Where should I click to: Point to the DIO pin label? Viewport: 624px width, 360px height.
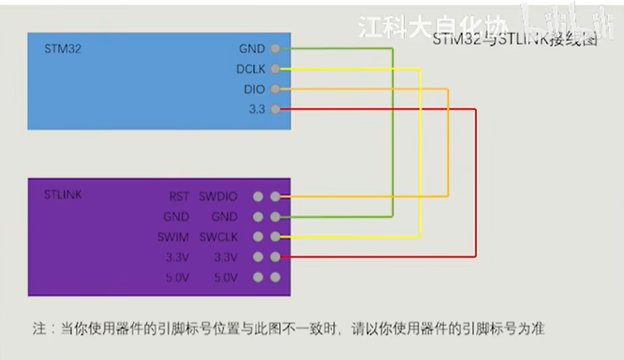coord(255,88)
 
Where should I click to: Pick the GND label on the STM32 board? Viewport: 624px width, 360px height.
coord(252,49)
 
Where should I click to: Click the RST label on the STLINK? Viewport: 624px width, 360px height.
coord(179,196)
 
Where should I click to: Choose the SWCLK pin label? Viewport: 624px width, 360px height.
coord(217,237)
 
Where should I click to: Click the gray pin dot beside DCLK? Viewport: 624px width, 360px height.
coord(276,69)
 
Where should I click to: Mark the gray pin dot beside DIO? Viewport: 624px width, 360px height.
coord(276,88)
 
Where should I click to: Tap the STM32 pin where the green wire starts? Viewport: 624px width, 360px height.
coord(276,49)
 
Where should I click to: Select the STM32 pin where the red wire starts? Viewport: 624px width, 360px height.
coord(276,109)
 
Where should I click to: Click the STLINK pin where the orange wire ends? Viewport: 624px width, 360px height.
coord(276,196)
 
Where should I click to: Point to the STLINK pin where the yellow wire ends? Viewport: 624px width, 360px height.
coord(276,237)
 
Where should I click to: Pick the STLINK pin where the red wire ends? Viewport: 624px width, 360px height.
coord(276,257)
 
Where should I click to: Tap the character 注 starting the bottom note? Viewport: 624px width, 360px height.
coord(38,329)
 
